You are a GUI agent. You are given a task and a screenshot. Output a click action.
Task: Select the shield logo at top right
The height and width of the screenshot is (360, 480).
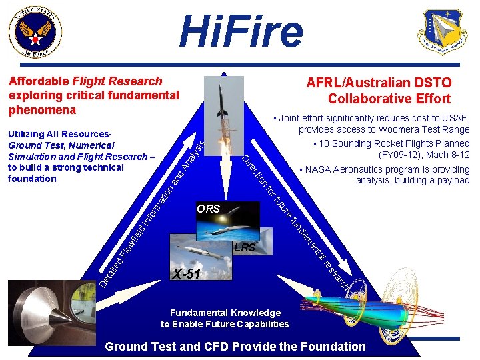coord(442,31)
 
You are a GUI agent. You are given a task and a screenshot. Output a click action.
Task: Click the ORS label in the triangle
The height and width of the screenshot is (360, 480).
coord(208,209)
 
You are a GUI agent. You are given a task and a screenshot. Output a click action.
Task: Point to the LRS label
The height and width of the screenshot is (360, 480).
coord(245,247)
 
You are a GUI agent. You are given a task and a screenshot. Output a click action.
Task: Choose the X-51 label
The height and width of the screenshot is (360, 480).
coord(186,273)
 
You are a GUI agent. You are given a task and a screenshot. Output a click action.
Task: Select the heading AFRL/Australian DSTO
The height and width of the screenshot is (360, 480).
coord(379,83)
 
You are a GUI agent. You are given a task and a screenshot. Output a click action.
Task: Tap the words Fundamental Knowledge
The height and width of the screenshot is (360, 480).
coord(225,313)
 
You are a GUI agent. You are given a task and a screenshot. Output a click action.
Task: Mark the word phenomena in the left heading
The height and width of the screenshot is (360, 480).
coord(40,109)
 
